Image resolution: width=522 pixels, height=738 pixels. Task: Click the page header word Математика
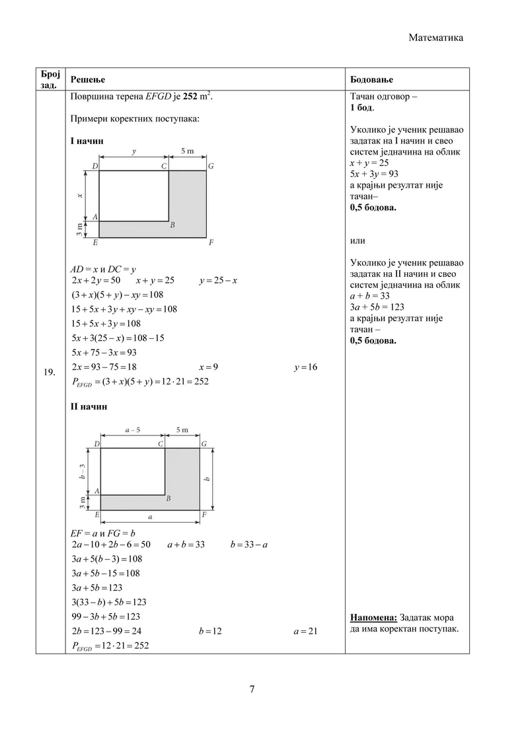click(435, 38)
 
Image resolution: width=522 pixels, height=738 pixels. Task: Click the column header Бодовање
click(371, 79)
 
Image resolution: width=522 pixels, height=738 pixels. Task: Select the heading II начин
click(89, 406)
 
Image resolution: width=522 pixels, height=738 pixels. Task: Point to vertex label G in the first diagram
click(211, 166)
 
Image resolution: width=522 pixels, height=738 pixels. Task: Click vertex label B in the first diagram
click(172, 225)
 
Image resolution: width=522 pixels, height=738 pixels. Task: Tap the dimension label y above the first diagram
click(134, 151)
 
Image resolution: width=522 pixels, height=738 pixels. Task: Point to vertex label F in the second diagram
click(204, 514)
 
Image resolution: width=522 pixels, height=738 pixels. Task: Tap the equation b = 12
click(209, 631)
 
